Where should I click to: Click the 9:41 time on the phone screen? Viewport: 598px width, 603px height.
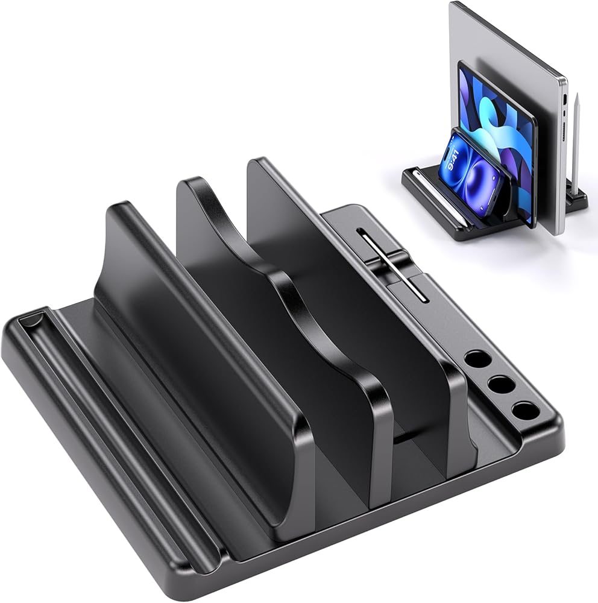point(456,157)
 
